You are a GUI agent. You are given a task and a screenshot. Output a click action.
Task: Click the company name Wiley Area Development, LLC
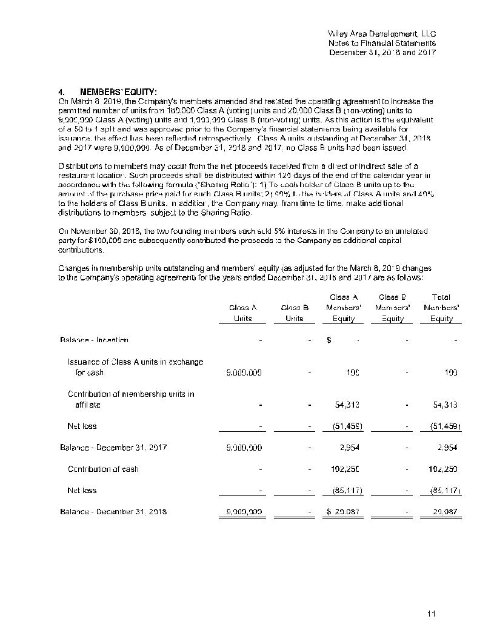pos(381,34)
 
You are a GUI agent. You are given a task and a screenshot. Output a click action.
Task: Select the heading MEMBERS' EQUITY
pos(119,92)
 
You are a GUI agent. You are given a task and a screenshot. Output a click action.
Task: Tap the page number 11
pos(432,614)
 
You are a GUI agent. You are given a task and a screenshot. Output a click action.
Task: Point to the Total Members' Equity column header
pos(441,308)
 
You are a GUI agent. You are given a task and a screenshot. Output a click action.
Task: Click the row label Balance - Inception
pos(94,340)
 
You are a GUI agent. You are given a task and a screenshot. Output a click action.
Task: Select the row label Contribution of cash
pos(103,469)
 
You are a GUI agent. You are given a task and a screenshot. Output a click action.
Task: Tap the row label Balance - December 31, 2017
pos(113,448)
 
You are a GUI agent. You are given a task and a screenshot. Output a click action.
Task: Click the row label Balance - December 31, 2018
pos(113,512)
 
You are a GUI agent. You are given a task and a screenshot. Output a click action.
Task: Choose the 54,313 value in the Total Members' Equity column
pos(445,405)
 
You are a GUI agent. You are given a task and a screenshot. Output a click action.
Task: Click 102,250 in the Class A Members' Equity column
pos(346,469)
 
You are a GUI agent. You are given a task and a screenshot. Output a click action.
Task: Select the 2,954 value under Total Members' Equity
pos(447,448)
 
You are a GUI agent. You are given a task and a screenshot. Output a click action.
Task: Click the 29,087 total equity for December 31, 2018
pos(446,512)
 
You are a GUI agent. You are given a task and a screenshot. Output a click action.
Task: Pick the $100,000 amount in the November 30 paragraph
pos(121,240)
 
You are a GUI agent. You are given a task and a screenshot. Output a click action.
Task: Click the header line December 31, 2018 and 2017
pos(382,52)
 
